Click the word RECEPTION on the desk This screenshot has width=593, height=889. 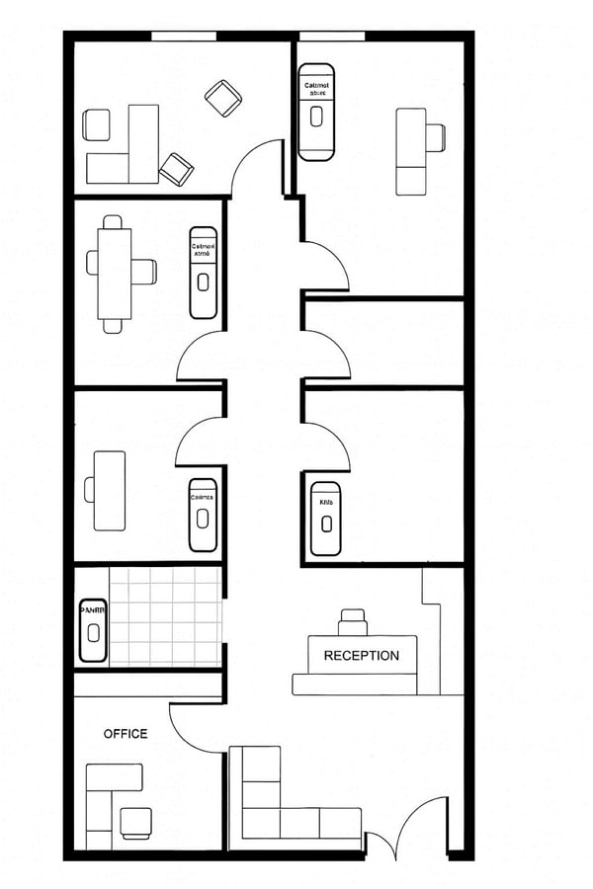coord(362,655)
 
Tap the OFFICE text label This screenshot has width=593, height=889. coord(126,734)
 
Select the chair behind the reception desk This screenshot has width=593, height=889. coord(353,622)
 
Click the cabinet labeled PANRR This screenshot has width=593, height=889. coord(92,629)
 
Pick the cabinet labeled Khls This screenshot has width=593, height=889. coord(326,519)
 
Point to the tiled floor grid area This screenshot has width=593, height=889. coord(164,615)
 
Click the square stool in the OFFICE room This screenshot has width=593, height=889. coord(135,822)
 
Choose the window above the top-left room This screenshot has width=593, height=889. coord(184,37)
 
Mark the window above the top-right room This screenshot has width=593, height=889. coord(333,37)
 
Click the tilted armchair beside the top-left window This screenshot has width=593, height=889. coord(222,97)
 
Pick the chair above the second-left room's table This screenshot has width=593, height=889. coord(114,223)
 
